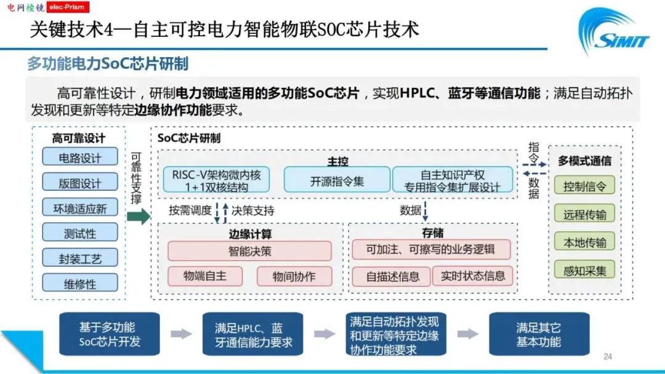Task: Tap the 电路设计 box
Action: tap(80, 157)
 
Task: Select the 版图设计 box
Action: tap(80, 183)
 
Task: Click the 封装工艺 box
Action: tap(80, 258)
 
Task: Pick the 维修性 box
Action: tap(80, 284)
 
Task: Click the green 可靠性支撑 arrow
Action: tap(139, 217)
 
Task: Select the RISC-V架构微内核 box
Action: tap(216, 180)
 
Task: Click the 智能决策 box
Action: tap(249, 251)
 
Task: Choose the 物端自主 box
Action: tap(205, 276)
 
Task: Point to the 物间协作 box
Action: tap(294, 276)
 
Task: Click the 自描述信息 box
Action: tap(392, 276)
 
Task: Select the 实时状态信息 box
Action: tap(472, 276)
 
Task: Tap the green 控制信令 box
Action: tap(584, 186)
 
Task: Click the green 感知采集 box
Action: tap(584, 269)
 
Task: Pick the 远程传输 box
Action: tap(584, 214)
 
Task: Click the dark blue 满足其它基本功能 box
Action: tap(539, 335)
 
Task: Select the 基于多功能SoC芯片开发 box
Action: tap(110, 335)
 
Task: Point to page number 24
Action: tap(608, 357)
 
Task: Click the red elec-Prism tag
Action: tap(67, 7)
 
